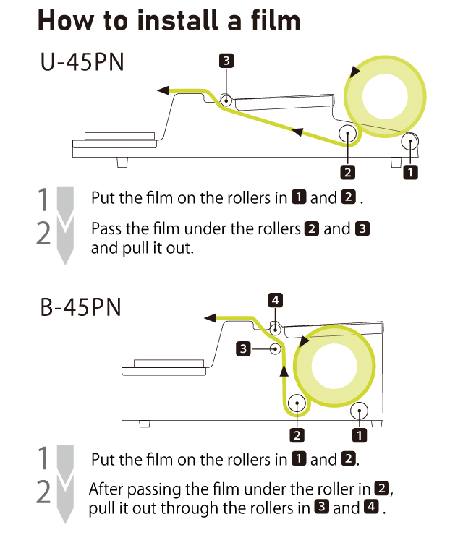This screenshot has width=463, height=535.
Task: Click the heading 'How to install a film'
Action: [168, 20]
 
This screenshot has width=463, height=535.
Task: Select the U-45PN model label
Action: [82, 62]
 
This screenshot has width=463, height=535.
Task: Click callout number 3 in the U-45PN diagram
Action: [226, 61]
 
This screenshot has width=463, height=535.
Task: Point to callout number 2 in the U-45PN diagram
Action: [348, 171]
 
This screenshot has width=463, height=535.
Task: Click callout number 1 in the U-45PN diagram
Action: [410, 171]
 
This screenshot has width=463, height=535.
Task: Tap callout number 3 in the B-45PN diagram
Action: [245, 349]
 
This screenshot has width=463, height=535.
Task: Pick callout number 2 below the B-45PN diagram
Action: [297, 435]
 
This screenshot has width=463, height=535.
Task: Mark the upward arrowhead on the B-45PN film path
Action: [284, 370]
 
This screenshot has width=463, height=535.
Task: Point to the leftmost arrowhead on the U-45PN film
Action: [163, 90]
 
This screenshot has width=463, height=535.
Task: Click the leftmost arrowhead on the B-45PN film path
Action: [210, 317]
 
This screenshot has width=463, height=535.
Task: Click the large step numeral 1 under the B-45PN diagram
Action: [44, 458]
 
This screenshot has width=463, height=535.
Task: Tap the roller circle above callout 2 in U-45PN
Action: [348, 134]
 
